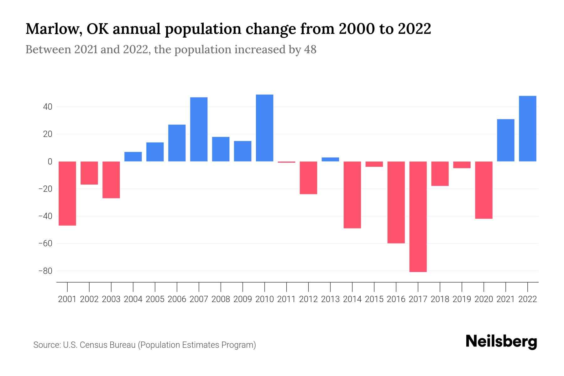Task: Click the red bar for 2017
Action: click(x=418, y=216)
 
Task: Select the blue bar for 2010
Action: click(x=264, y=128)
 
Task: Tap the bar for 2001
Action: click(x=67, y=193)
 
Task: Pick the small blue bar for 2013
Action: click(x=330, y=159)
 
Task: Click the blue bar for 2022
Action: click(x=528, y=128)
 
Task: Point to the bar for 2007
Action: click(x=199, y=129)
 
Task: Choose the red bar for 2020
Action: click(x=484, y=190)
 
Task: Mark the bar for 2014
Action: click(x=352, y=195)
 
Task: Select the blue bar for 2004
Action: click(x=133, y=156)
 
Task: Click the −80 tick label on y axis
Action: click(x=45, y=271)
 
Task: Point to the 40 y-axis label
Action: click(x=48, y=107)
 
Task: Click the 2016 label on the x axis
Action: click(x=396, y=299)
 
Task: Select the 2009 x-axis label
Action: click(x=243, y=299)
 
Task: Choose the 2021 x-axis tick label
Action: click(x=506, y=299)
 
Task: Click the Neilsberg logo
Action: click(x=501, y=342)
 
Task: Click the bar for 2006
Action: click(x=177, y=143)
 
